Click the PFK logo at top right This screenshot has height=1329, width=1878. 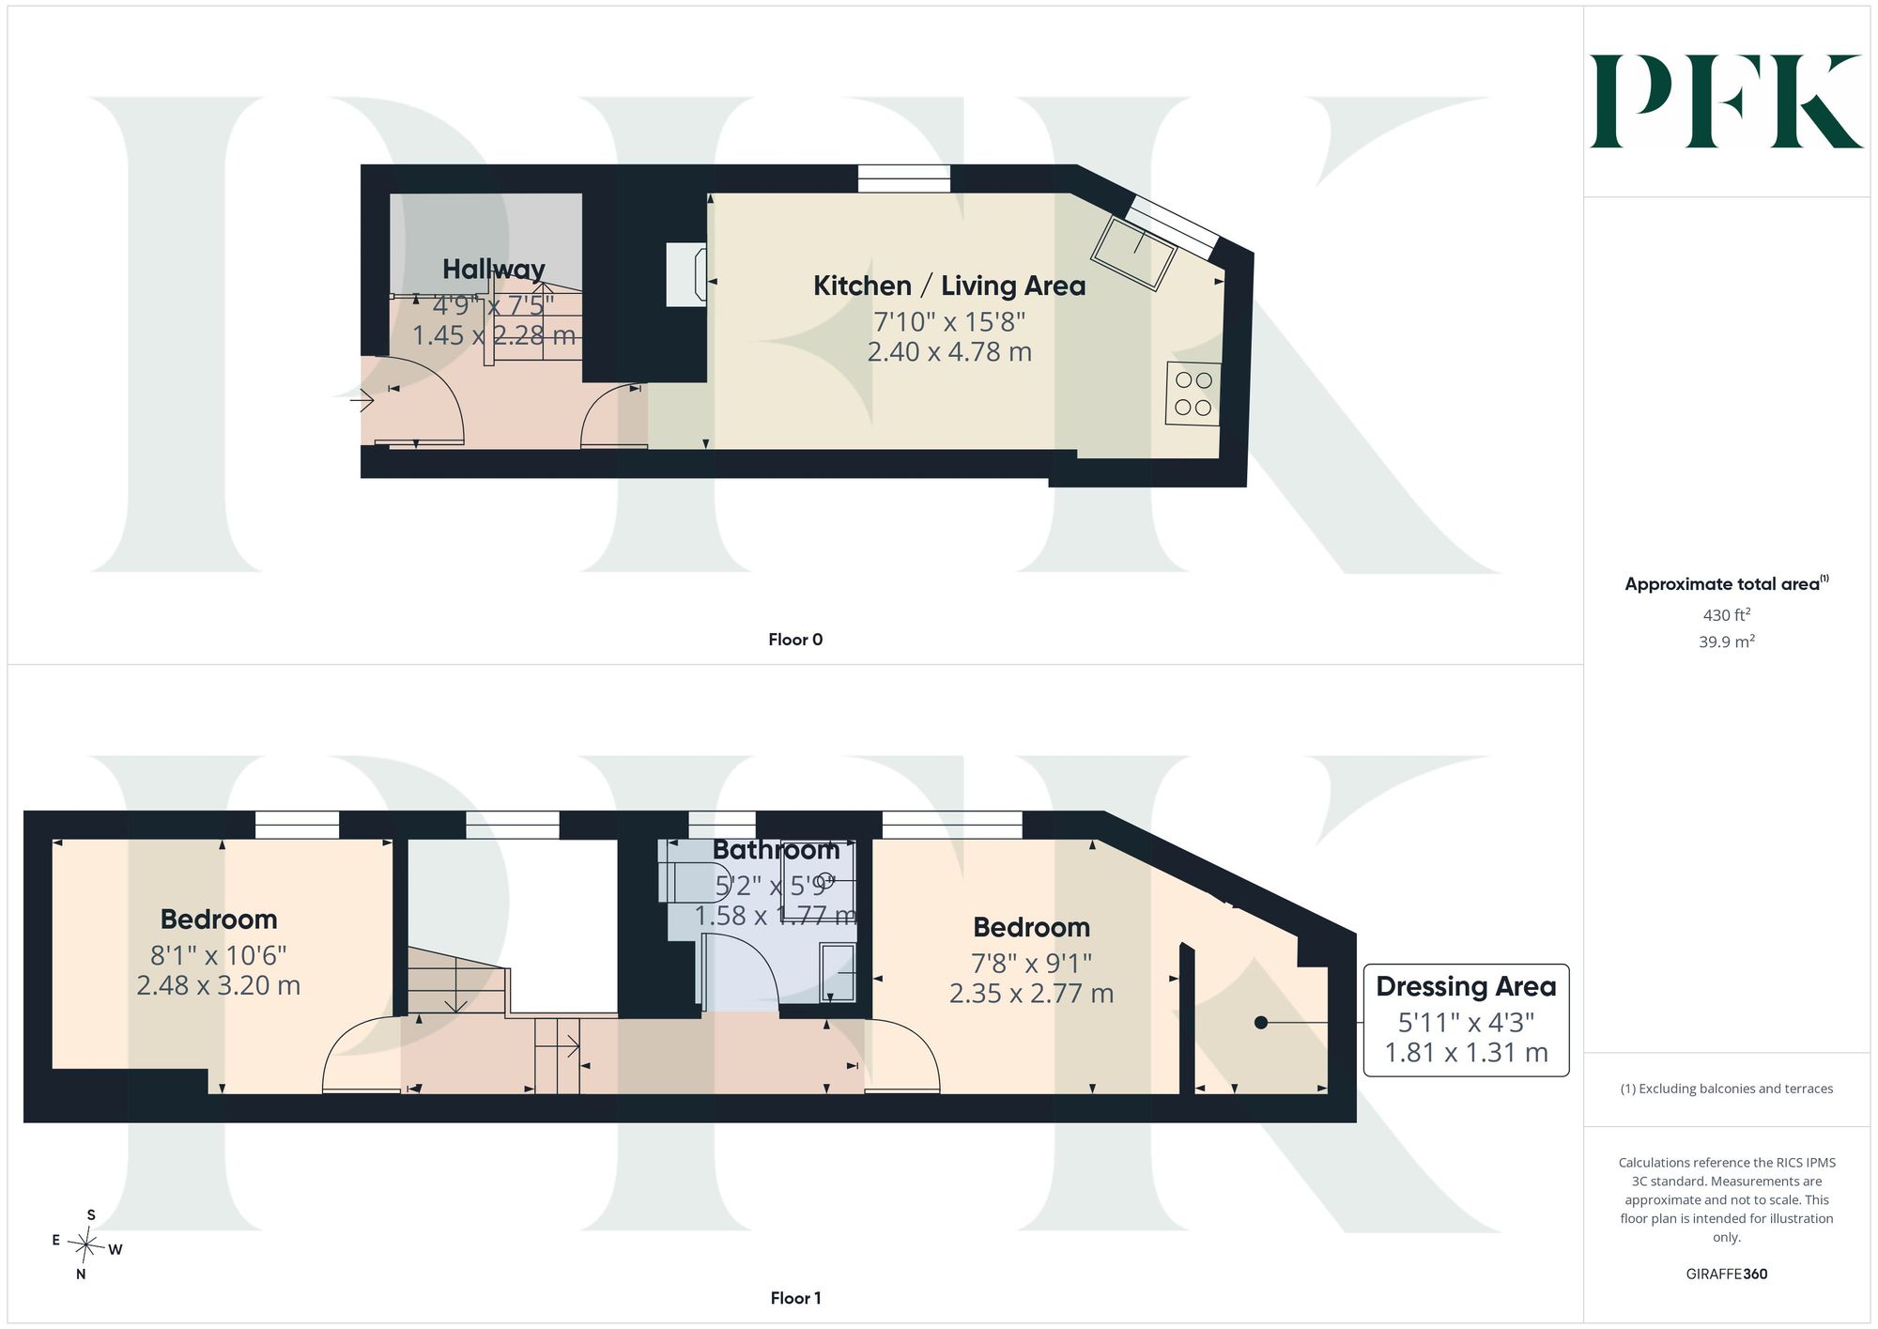tap(1726, 101)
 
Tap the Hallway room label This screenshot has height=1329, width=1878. tap(494, 270)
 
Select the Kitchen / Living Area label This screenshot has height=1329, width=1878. tap(949, 286)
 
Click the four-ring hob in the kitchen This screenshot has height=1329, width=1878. tap(1193, 394)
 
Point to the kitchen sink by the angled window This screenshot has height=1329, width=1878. tap(1133, 252)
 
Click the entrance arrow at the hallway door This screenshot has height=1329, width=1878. tap(362, 401)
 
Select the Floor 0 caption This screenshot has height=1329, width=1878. tap(795, 640)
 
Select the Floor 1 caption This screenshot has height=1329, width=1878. tap(795, 1298)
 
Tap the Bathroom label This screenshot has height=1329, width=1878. tap(776, 850)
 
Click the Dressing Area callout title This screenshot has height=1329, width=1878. tap(1466, 986)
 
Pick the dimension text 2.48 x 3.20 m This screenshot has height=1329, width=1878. tap(219, 985)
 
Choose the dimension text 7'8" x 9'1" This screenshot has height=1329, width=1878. tap(1031, 963)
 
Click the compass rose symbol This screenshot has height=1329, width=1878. tap(86, 1246)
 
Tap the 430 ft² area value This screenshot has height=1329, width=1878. tap(1727, 615)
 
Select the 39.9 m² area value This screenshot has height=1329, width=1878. tap(1727, 642)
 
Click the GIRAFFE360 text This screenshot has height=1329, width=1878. tap(1727, 1275)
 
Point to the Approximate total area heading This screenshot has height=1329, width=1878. tap(1727, 583)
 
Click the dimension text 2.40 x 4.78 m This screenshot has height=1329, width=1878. tap(949, 352)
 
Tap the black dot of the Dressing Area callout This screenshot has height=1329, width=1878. tap(1261, 1023)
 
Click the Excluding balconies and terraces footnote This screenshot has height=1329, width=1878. tap(1727, 1089)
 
